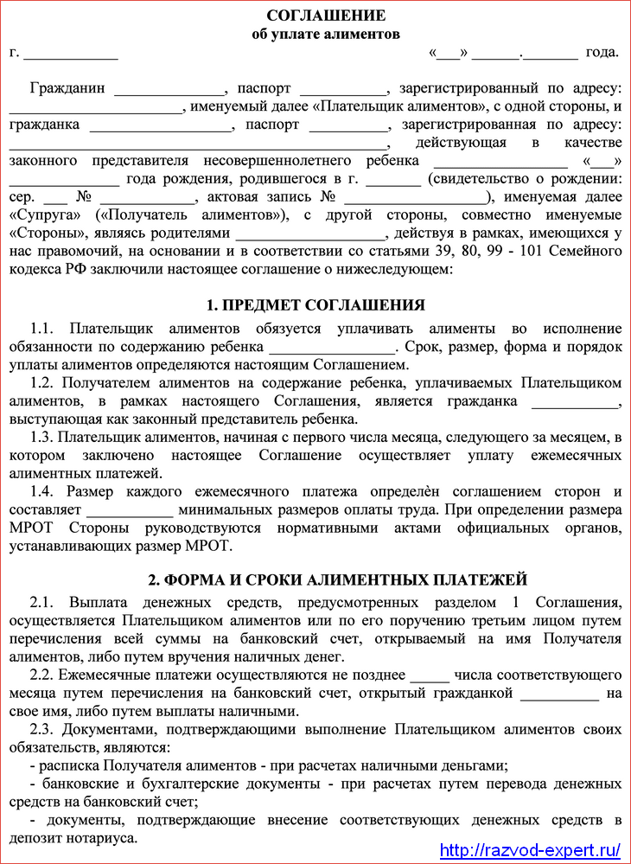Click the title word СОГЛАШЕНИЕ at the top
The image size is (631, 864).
point(326,16)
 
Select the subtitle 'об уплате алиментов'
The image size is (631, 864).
point(326,35)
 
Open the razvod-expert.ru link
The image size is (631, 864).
point(531,849)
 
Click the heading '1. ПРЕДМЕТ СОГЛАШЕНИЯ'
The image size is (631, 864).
point(315,304)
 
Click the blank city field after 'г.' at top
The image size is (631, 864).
point(71,54)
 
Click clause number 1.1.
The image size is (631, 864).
point(42,330)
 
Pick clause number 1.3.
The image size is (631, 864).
point(42,438)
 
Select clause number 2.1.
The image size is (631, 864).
point(42,603)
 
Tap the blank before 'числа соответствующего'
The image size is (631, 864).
point(429,675)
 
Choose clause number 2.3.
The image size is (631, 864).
point(42,730)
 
